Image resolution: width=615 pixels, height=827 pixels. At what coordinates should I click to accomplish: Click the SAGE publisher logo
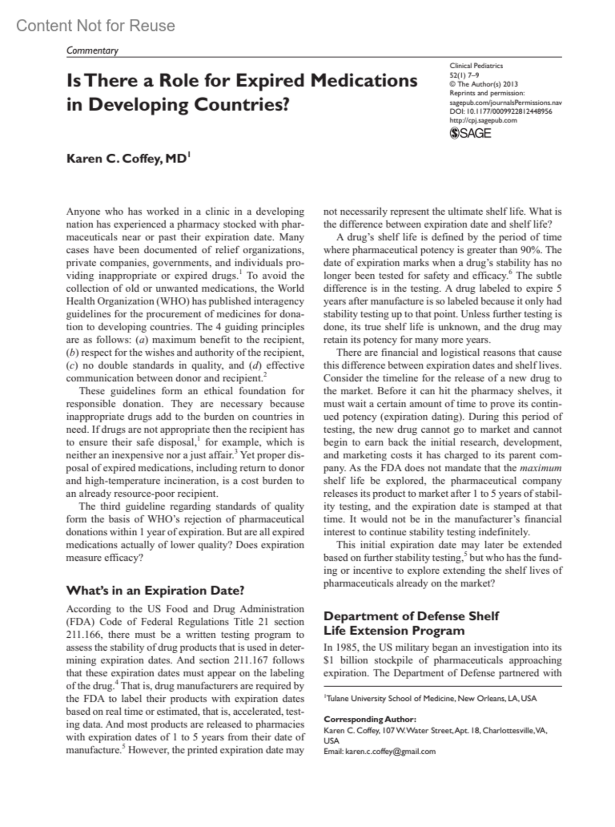[470, 133]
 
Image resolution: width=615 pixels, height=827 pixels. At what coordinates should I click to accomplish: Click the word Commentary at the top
[92, 50]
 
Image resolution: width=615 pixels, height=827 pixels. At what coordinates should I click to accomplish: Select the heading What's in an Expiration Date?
[155, 590]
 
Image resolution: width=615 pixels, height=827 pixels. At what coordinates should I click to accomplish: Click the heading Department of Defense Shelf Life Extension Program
[411, 623]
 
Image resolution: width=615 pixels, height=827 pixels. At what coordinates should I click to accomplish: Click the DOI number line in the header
[500, 111]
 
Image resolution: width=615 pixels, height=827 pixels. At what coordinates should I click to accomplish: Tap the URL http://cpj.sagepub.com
[483, 120]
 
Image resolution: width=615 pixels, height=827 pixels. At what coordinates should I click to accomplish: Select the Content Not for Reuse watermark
[95, 26]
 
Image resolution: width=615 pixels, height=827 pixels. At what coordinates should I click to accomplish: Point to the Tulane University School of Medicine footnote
[430, 698]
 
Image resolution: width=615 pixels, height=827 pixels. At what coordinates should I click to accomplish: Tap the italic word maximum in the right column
[541, 468]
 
